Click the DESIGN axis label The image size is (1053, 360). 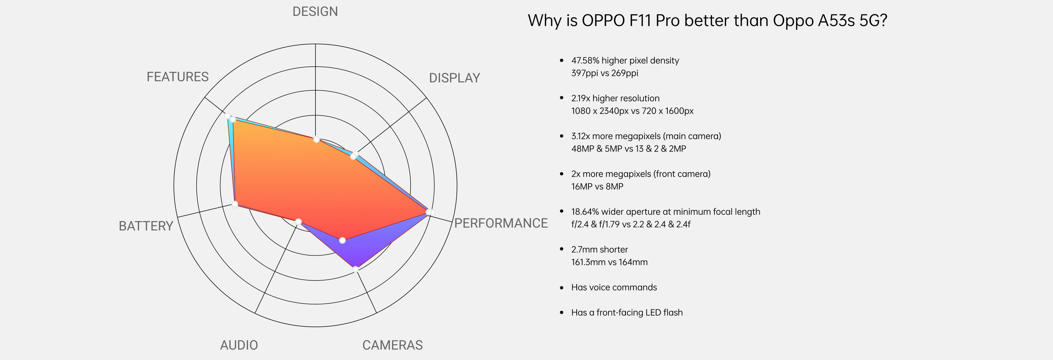point(315,12)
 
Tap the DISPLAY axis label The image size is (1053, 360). point(454,78)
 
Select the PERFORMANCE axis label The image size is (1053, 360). point(501,223)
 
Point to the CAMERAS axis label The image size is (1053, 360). point(392,345)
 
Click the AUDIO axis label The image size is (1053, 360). point(239,345)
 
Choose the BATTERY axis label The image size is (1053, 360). point(146,226)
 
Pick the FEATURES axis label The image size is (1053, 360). point(177,77)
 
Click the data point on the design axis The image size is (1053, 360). point(316,139)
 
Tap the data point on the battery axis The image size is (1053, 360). point(235,204)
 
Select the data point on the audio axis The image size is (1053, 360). point(298,221)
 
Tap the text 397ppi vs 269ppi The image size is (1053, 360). point(605,73)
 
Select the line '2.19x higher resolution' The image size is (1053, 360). point(615,98)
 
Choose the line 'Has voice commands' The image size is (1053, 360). point(614,287)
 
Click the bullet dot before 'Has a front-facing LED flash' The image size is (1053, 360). point(562,313)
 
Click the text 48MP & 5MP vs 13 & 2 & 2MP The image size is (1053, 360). point(628,149)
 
